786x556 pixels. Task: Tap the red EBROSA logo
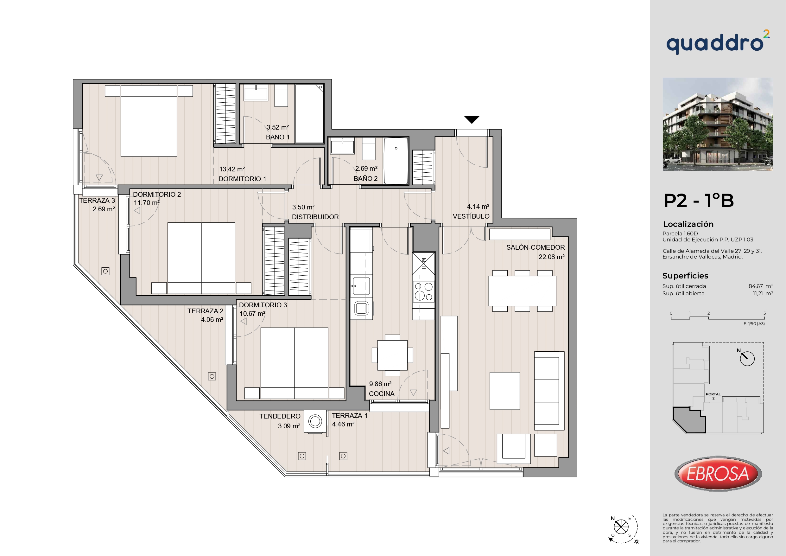[x=718, y=474]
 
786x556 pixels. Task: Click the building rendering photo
[x=718, y=124]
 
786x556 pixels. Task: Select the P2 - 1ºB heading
[x=699, y=201]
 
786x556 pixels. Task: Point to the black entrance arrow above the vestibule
[x=472, y=119]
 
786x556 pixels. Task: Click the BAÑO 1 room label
[x=278, y=137]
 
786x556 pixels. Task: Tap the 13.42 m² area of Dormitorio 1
[x=232, y=169]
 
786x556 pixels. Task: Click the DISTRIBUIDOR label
[x=315, y=217]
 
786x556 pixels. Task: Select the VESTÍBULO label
[x=471, y=216]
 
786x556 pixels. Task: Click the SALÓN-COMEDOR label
[x=536, y=247]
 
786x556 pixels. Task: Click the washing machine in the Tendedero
[x=315, y=421]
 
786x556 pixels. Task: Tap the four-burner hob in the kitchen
[x=423, y=291]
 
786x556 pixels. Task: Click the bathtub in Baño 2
[x=396, y=161]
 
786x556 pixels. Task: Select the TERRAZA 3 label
[x=97, y=201]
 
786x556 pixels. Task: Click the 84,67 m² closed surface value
[x=761, y=286]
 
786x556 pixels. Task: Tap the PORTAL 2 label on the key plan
[x=713, y=396]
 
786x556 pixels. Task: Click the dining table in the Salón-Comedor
[x=522, y=291]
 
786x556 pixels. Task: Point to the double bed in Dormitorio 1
[x=149, y=121]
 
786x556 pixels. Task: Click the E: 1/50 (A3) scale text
[x=754, y=323]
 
